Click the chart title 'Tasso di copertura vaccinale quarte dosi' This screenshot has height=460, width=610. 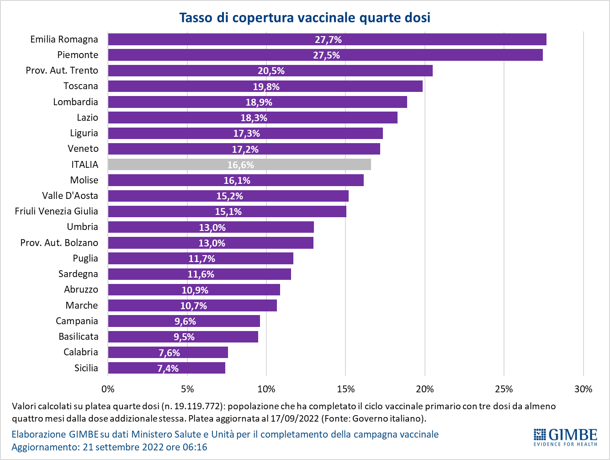(x=305, y=17)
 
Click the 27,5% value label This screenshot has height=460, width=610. (x=326, y=55)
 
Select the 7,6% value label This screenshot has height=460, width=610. (x=169, y=353)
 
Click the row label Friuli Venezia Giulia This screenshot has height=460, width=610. (x=56, y=211)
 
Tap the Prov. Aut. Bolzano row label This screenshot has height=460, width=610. (x=59, y=242)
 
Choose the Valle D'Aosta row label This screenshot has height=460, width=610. (x=70, y=196)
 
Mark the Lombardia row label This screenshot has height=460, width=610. (x=75, y=102)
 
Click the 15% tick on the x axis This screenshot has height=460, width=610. (x=345, y=389)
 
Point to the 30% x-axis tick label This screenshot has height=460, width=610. (x=583, y=389)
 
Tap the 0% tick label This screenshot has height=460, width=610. (x=108, y=389)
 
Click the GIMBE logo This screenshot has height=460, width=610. (x=565, y=437)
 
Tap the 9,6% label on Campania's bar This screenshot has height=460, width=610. (x=185, y=321)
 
